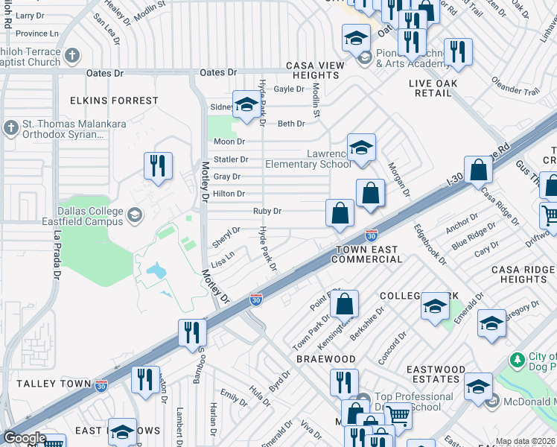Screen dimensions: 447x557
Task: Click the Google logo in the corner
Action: coord(24,438)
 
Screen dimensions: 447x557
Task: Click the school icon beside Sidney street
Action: coord(245,106)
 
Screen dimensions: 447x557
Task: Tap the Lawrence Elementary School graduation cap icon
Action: coord(361,148)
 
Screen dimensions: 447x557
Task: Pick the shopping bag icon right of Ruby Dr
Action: coord(340,213)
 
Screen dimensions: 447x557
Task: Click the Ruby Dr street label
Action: coord(267,212)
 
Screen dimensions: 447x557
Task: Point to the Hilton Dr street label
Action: coord(229,194)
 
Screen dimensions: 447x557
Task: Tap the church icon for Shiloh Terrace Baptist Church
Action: coord(71,55)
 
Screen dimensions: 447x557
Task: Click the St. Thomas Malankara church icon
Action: coord(10,128)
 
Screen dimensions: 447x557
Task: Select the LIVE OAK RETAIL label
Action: coord(441,88)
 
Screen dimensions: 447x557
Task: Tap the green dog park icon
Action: coord(518,360)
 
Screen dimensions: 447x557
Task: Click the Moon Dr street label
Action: coord(229,142)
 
